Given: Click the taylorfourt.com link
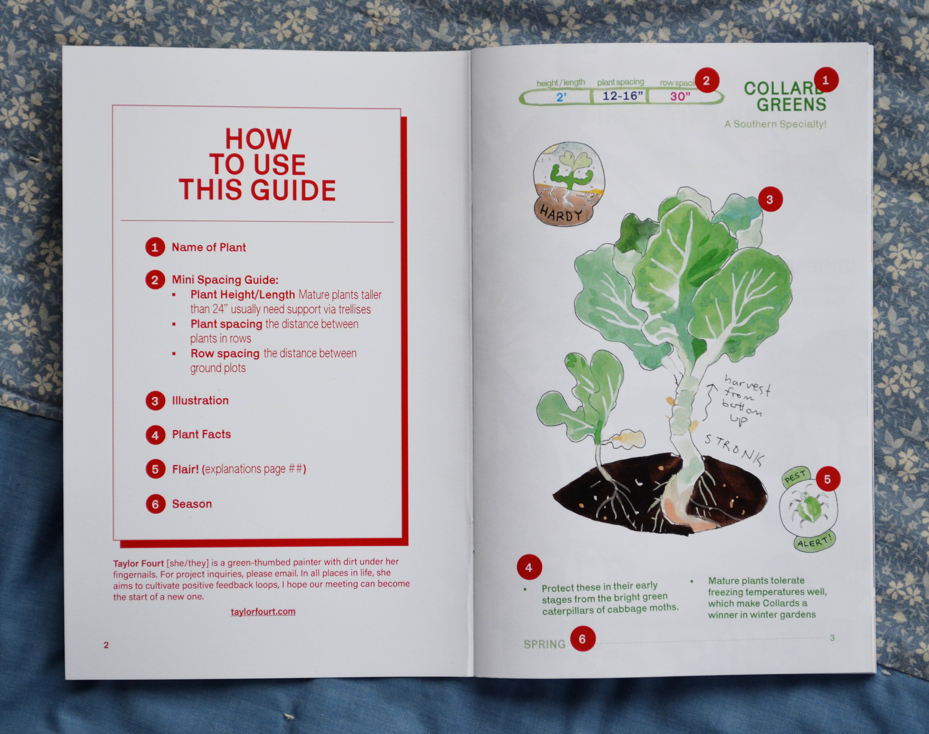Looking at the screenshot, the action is point(263,611).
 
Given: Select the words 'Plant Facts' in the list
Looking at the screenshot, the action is point(201,435).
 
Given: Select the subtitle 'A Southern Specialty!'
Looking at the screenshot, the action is point(775,124).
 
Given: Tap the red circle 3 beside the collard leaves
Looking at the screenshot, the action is point(770,199).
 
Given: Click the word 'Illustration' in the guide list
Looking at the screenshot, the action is point(200,400).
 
